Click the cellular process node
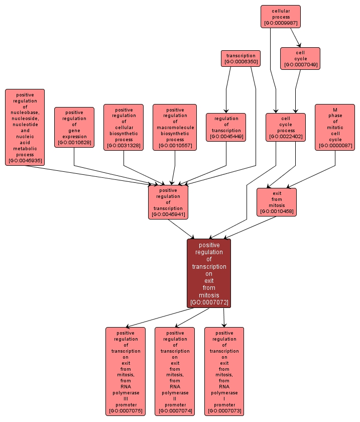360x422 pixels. (x=280, y=17)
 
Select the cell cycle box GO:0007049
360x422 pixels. (x=300, y=58)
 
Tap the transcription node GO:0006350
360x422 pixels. (x=241, y=58)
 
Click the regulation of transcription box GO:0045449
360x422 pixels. (x=226, y=127)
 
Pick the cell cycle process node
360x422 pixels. (x=285, y=127)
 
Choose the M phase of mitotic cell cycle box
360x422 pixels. (x=335, y=127)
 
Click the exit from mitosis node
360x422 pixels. (x=276, y=202)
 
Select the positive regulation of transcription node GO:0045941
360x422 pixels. (x=168, y=202)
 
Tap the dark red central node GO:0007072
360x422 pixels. (x=209, y=273)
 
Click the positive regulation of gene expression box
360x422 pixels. (x=74, y=127)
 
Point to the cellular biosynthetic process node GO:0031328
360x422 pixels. (x=124, y=127)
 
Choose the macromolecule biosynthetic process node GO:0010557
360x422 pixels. (x=175, y=127)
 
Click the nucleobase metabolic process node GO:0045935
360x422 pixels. (x=25, y=127)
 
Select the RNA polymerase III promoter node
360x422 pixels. (x=126, y=371)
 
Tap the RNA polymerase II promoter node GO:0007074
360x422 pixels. (x=175, y=371)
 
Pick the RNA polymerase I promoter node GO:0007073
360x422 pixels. (x=224, y=371)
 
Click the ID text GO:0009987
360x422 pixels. (x=280, y=23)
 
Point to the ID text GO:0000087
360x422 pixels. (x=335, y=146)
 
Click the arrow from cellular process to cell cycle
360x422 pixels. (x=295, y=37)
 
